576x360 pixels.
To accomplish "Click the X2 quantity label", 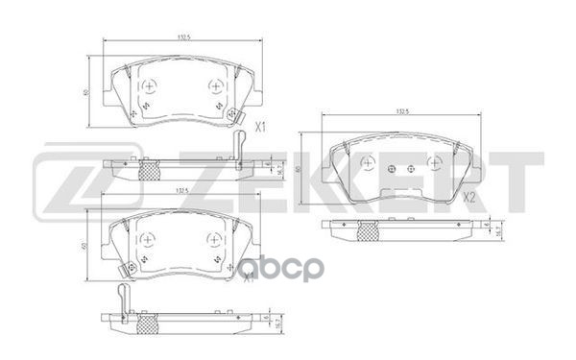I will [468, 198].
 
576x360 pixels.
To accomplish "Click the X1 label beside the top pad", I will [259, 126].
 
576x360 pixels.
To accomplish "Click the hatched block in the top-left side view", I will [149, 171].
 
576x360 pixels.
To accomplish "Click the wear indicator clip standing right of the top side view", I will [239, 145].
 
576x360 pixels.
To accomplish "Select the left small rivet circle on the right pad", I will [388, 170].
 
